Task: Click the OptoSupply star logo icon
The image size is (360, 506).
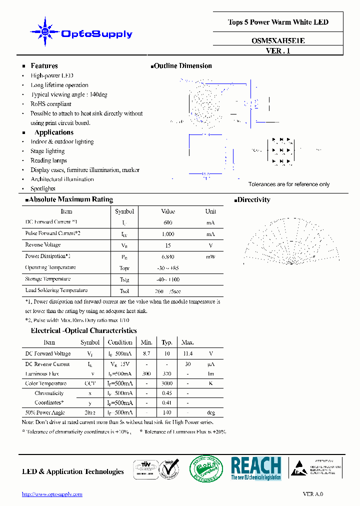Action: pyautogui.click(x=45, y=31)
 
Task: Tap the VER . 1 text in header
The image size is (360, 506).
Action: pyautogui.click(x=278, y=50)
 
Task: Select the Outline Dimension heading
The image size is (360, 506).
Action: pyautogui.click(x=181, y=66)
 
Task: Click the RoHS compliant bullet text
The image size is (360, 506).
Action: pyautogui.click(x=51, y=104)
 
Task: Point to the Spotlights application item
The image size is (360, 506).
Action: pyautogui.click(x=43, y=188)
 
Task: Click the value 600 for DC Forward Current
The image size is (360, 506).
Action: pyautogui.click(x=168, y=222)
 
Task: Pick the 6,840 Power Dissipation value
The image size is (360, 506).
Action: pyautogui.click(x=168, y=256)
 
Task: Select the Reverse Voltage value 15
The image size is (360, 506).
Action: pyautogui.click(x=168, y=245)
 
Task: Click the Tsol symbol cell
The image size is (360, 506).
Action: pyautogui.click(x=124, y=291)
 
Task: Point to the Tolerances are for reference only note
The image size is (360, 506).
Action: pyautogui.click(x=289, y=184)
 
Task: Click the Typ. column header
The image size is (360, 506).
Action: pyautogui.click(x=167, y=342)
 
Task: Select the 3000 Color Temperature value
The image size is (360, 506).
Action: pyautogui.click(x=167, y=383)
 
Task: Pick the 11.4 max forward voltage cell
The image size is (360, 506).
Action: pyautogui.click(x=187, y=353)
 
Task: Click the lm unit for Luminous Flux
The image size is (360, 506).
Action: pyautogui.click(x=211, y=373)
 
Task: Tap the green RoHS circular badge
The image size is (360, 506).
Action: pyautogui.click(x=203, y=468)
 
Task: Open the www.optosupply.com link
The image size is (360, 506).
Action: pyautogui.click(x=52, y=494)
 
